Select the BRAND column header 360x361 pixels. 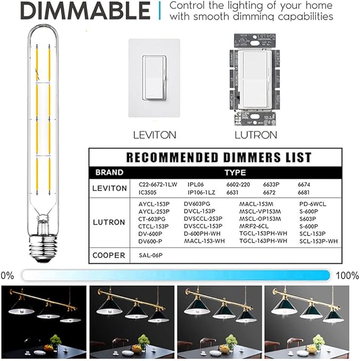(x=109, y=173)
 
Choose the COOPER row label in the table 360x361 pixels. (x=109, y=255)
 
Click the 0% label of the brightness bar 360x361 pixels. (x=8, y=275)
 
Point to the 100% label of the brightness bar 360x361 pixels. (x=347, y=275)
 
